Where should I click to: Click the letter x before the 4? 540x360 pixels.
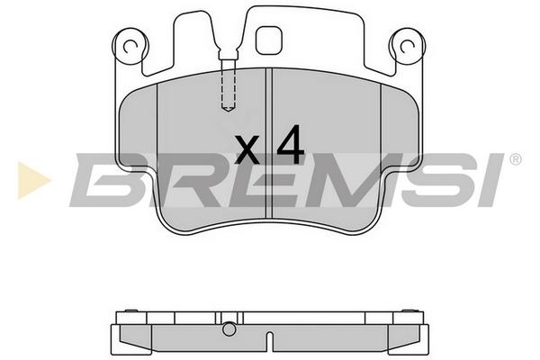pyautogui.click(x=247, y=149)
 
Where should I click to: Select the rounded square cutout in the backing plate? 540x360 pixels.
pyautogui.click(x=269, y=40)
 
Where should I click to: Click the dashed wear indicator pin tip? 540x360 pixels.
pyautogui.click(x=228, y=109)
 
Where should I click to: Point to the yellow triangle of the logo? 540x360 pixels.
pyautogui.click(x=32, y=180)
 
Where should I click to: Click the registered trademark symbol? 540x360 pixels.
pyautogui.click(x=515, y=159)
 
